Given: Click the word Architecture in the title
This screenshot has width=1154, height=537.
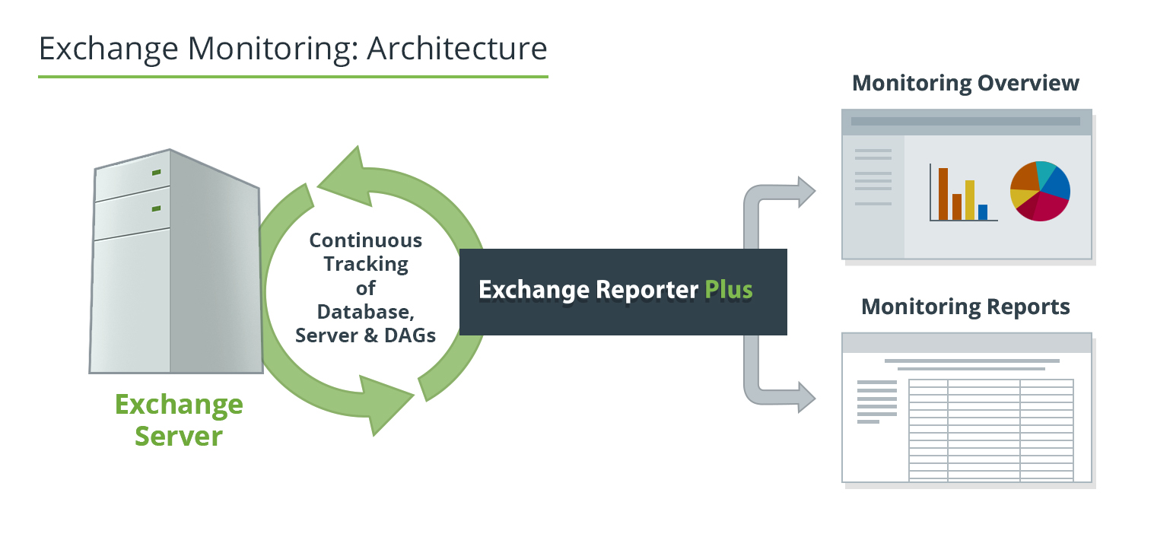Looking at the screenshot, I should click(456, 49).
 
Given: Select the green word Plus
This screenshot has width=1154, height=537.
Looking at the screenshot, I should click(728, 290).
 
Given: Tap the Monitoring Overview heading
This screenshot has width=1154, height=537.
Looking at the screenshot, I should click(965, 83).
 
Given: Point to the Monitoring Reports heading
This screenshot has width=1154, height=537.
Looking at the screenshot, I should click(965, 307).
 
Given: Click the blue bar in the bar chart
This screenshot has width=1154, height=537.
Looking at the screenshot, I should click(983, 212).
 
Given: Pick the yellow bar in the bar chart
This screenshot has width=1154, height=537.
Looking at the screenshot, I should click(969, 200).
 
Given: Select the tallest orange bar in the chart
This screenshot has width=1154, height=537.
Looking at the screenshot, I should click(943, 194).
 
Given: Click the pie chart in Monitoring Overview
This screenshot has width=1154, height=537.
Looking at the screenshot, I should click(1040, 191).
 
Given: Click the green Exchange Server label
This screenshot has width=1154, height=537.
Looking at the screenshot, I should click(179, 420).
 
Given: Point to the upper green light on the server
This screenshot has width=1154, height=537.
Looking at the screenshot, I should click(156, 173).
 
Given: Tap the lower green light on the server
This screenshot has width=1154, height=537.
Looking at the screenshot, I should click(156, 208).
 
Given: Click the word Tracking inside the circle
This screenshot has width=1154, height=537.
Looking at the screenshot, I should click(366, 265).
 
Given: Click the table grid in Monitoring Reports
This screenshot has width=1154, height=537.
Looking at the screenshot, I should click(991, 430).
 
